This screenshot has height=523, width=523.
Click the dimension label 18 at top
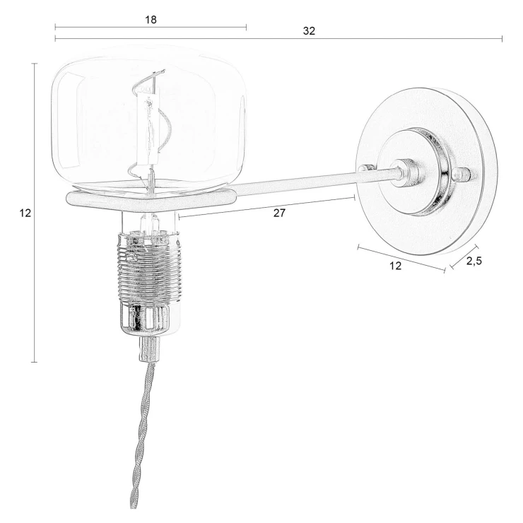(x=151, y=20)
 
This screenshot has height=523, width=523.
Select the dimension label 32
(x=309, y=30)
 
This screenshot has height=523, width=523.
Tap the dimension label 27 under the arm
(x=279, y=213)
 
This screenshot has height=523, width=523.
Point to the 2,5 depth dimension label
(x=474, y=261)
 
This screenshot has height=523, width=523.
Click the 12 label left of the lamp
(x=25, y=213)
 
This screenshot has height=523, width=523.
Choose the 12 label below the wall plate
(x=396, y=266)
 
